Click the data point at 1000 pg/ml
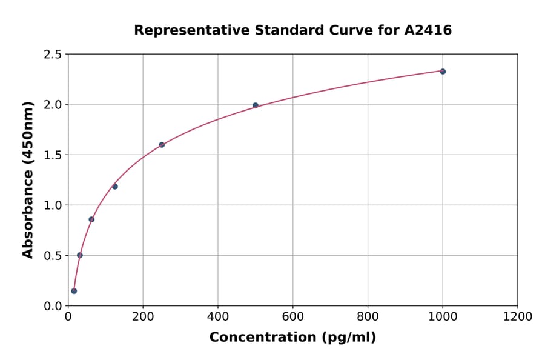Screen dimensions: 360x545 point(443,72)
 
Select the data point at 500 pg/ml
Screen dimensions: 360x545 point(256,105)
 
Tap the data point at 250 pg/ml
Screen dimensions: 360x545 point(162,145)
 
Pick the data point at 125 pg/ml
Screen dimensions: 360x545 point(115,187)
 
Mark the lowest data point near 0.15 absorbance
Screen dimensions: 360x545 point(74,291)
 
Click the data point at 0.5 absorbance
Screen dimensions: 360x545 point(80,255)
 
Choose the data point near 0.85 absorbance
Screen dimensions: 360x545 point(91,219)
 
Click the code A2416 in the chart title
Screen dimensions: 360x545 point(428,30)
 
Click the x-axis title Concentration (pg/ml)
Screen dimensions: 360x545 point(292,338)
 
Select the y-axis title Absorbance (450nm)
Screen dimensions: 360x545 point(28,179)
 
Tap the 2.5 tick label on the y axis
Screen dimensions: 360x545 point(53,55)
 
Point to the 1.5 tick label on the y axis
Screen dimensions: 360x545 point(53,155)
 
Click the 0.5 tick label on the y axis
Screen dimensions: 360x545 point(53,256)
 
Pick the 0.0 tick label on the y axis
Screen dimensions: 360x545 point(53,306)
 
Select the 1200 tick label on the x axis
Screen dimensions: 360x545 point(518,317)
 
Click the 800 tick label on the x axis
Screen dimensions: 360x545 point(368,317)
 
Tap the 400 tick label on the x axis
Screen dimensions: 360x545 point(218,317)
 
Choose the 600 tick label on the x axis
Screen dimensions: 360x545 point(293,317)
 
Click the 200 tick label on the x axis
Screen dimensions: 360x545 point(143,317)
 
